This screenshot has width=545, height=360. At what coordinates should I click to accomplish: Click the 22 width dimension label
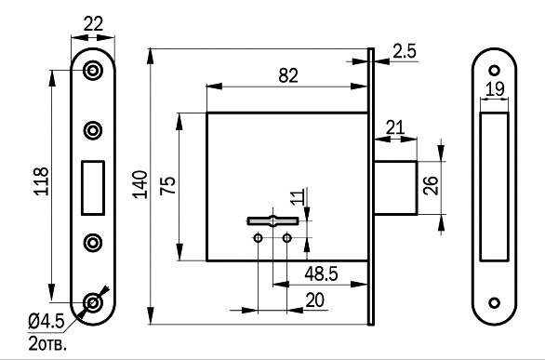pos(94,24)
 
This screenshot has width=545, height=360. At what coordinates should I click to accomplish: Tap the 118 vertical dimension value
pos(42,181)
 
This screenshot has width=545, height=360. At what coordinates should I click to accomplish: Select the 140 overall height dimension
pos(140,184)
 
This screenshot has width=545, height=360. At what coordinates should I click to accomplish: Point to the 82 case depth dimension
pos(288,75)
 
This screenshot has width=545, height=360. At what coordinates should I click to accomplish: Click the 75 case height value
pos(168,185)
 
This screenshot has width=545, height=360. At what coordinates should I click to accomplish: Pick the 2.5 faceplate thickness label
pos(405,51)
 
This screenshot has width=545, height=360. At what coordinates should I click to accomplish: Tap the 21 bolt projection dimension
pos(395,127)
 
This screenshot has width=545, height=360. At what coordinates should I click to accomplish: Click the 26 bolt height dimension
pos(431,185)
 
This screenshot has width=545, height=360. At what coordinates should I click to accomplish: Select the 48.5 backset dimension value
pos(321,273)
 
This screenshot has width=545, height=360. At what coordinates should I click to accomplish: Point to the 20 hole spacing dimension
pos(315,300)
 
